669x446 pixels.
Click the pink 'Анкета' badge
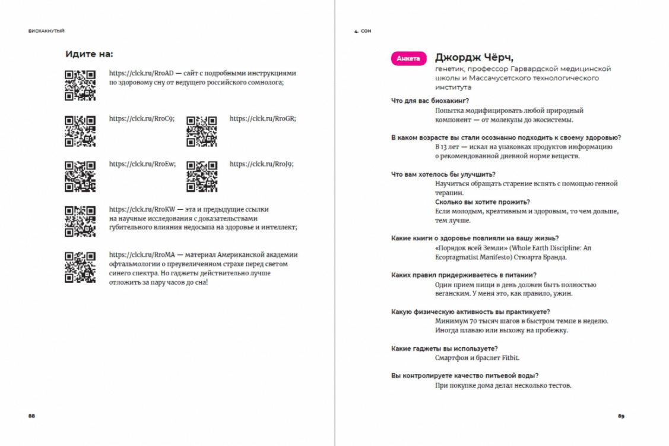click(408, 58)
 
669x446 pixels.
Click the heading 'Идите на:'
click(89, 54)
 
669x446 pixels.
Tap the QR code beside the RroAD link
click(80, 85)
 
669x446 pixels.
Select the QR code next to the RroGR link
click(201, 131)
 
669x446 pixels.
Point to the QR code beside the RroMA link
click(80, 267)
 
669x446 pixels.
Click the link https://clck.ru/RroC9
click(141, 118)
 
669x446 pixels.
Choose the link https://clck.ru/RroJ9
click(261, 164)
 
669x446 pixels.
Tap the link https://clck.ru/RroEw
click(142, 164)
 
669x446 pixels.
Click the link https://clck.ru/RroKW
click(142, 209)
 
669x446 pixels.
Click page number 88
click(31, 416)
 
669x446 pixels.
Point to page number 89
click(621, 416)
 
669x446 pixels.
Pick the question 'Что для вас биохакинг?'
click(430, 100)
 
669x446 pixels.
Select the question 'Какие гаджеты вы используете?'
click(444, 348)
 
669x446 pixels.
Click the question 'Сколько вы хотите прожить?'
click(483, 202)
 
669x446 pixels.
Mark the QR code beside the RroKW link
click(80, 221)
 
